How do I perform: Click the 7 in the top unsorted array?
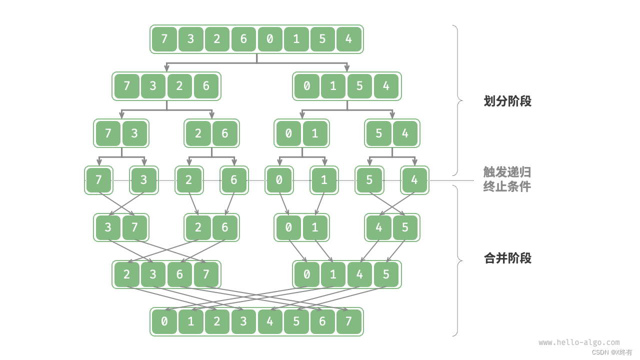pyautogui.click(x=164, y=39)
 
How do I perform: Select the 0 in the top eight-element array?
pyautogui.click(x=270, y=39)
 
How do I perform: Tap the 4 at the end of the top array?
pyautogui.click(x=349, y=39)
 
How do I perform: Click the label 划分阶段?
pyautogui.click(x=507, y=101)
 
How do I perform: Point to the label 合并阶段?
pyautogui.click(x=507, y=258)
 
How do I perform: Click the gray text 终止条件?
pyautogui.click(x=507, y=187)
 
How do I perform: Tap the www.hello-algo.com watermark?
pyautogui.click(x=579, y=342)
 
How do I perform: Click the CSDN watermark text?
pyautogui.click(x=612, y=352)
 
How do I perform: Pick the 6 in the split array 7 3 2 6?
pyautogui.click(x=206, y=86)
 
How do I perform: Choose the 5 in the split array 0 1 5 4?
pyautogui.click(x=359, y=86)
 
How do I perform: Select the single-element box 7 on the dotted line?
pyautogui.click(x=98, y=180)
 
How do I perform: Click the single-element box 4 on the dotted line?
pyautogui.click(x=414, y=180)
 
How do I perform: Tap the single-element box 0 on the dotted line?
pyautogui.click(x=279, y=180)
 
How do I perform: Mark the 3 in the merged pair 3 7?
pyautogui.click(x=108, y=227)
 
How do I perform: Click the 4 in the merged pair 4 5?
pyautogui.click(x=379, y=227)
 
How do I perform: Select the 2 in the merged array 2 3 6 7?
pyautogui.click(x=127, y=274)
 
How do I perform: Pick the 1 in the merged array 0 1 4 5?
pyautogui.click(x=333, y=274)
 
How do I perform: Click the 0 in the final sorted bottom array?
pyautogui.click(x=164, y=321)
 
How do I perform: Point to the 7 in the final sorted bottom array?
pyautogui.click(x=349, y=321)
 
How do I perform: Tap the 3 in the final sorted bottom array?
pyautogui.click(x=243, y=321)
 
